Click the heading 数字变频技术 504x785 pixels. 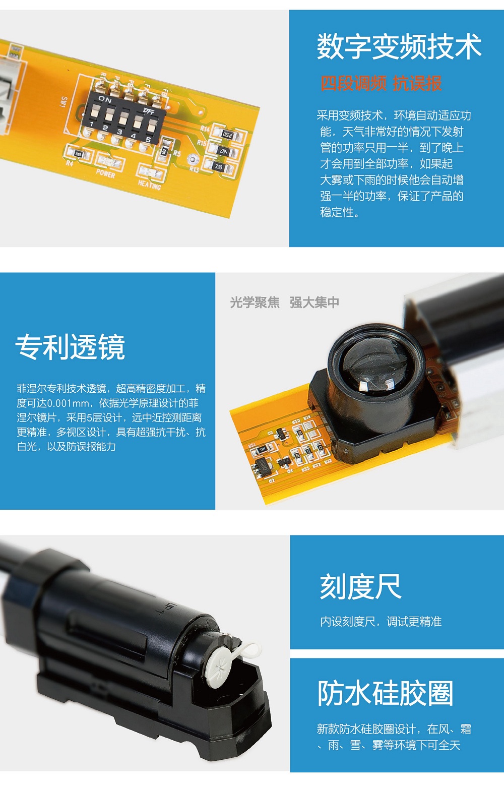(x=399, y=46)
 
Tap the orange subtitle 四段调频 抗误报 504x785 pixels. (x=381, y=83)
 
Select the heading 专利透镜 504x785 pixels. (x=71, y=347)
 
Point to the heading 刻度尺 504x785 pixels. (x=360, y=587)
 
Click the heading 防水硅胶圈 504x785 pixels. (x=385, y=693)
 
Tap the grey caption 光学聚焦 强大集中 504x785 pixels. (x=284, y=302)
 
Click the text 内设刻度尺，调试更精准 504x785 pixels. (x=381, y=621)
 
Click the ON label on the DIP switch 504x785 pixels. (x=105, y=99)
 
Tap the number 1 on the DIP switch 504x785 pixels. (x=92, y=124)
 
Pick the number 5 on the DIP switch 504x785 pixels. (x=148, y=140)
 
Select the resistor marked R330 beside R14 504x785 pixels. (x=228, y=134)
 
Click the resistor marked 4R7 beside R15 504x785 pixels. (x=223, y=151)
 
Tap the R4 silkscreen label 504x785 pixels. (x=70, y=163)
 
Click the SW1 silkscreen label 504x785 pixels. (x=64, y=102)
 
